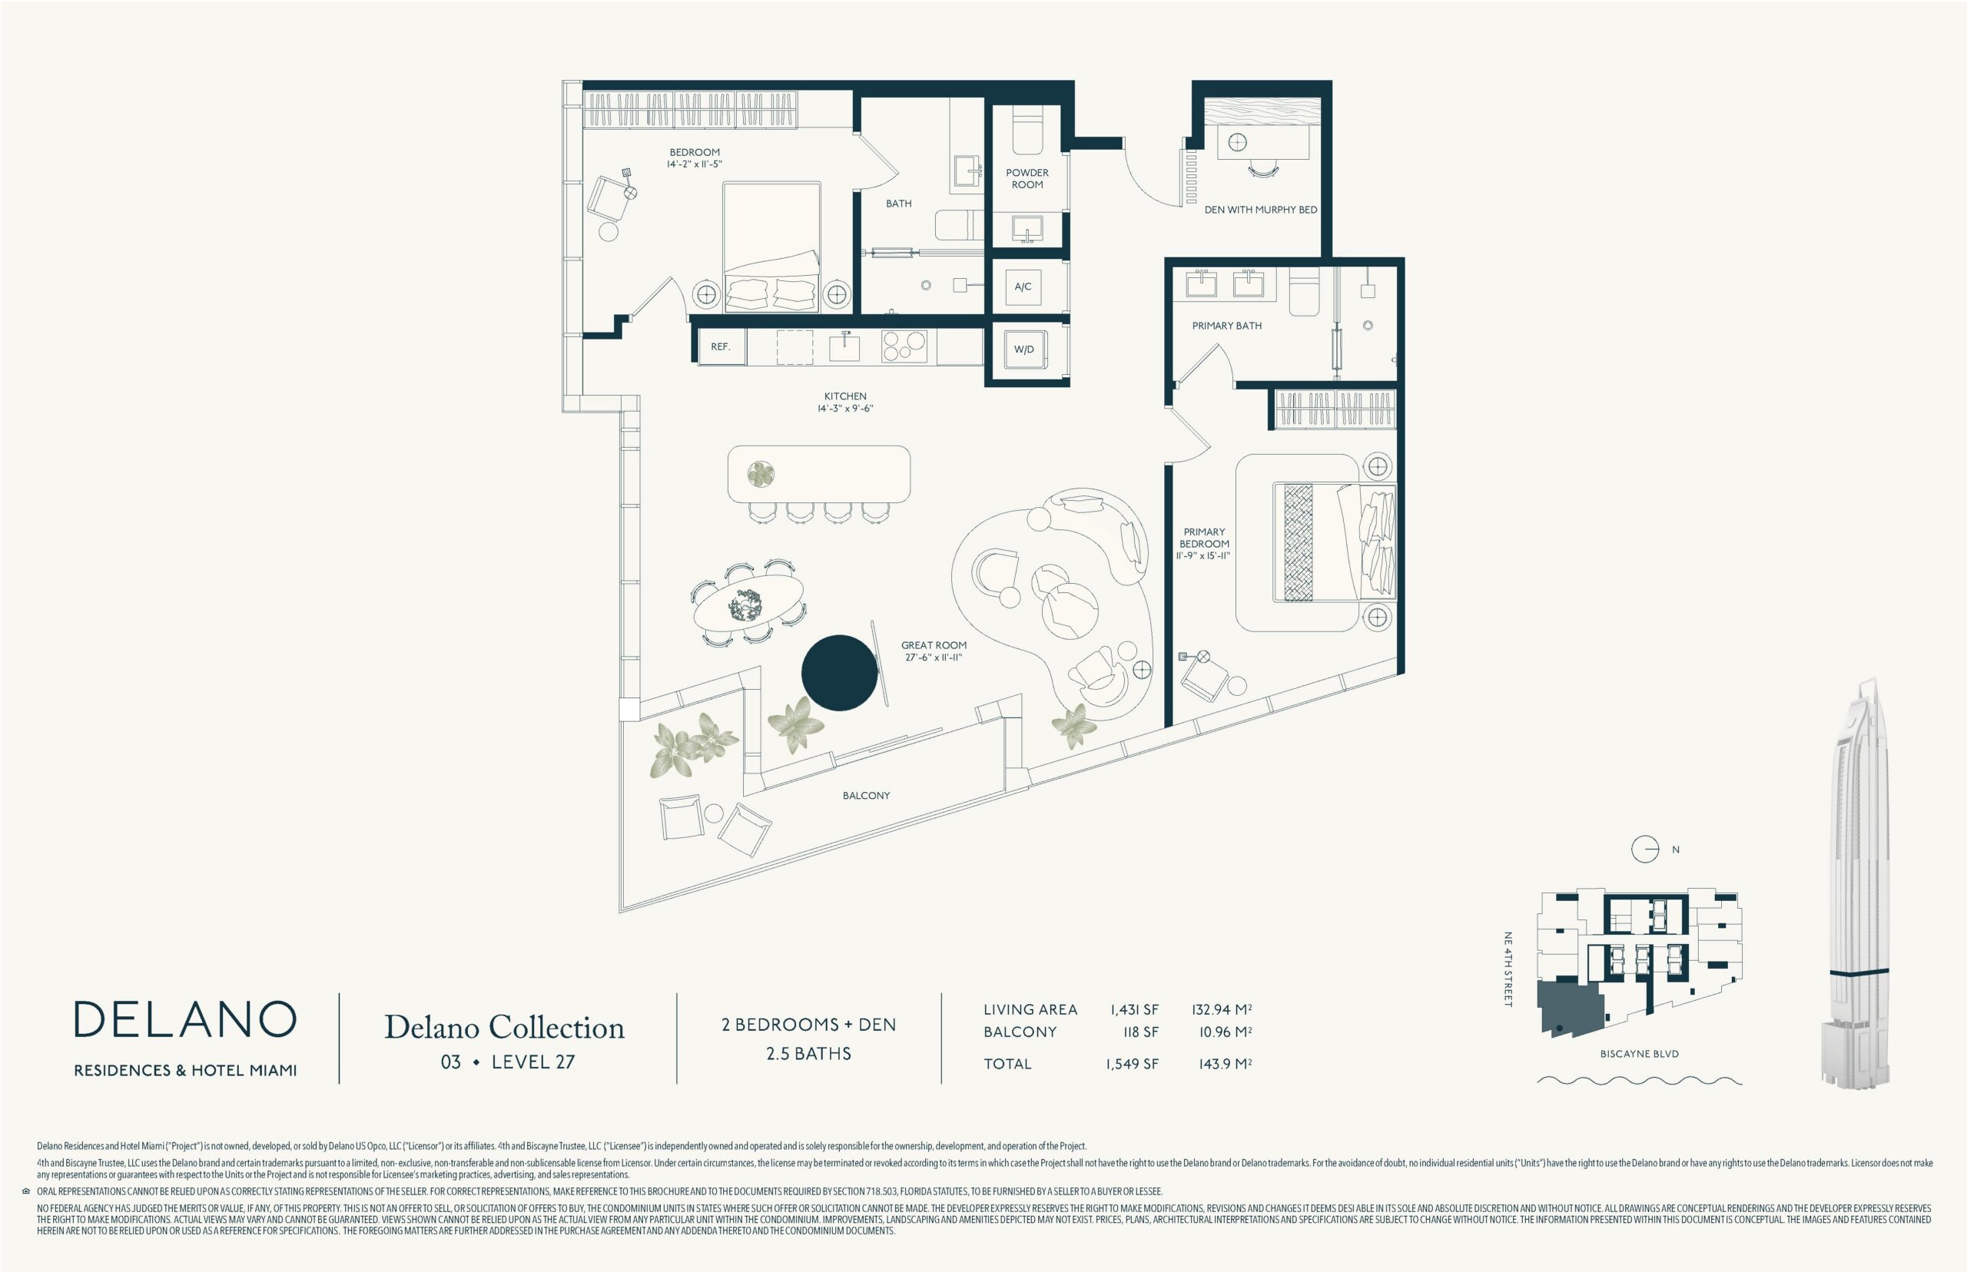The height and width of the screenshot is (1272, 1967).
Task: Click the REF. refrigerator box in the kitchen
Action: coord(721,347)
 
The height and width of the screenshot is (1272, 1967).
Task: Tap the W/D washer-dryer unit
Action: coord(1023,349)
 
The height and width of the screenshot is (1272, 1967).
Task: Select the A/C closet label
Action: coord(1023,287)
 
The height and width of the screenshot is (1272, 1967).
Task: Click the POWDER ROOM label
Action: coord(1027,178)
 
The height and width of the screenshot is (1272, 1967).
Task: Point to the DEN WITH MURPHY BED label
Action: coord(1261,210)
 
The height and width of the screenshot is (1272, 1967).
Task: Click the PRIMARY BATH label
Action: coord(1227,326)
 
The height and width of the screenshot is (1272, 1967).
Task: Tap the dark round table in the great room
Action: coord(839,672)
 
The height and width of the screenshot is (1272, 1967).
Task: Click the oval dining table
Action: coord(748,602)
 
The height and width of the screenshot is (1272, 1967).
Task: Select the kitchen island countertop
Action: coord(819,474)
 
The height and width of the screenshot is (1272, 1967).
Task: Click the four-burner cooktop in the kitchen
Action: coord(904,347)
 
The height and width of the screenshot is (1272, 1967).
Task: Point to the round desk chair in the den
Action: coord(1263,169)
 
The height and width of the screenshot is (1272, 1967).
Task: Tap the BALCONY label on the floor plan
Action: coord(866,796)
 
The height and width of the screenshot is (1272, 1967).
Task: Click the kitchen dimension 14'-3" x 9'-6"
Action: coord(845,408)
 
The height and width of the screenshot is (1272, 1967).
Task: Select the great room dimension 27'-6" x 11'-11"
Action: coord(934,658)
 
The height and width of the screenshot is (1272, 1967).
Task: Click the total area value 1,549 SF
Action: coord(1132,1064)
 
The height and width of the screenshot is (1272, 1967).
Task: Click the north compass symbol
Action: coord(1645,849)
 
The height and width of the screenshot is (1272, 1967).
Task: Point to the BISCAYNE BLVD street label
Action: coord(1639,1054)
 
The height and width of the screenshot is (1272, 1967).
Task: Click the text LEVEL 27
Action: coord(532,1062)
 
